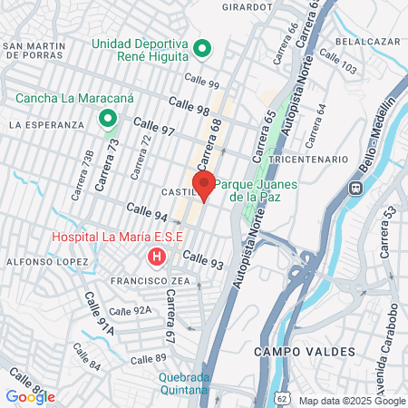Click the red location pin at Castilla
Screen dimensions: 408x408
pyautogui.click(x=204, y=183)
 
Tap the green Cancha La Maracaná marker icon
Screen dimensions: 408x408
pyautogui.click(x=108, y=119)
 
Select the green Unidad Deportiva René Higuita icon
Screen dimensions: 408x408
pyautogui.click(x=204, y=48)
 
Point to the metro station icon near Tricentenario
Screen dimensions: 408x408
pyautogui.click(x=356, y=189)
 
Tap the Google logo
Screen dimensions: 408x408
pyautogui.click(x=30, y=397)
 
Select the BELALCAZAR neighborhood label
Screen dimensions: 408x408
pyautogui.click(x=367, y=41)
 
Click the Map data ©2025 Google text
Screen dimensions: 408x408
pyautogui.click(x=353, y=401)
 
